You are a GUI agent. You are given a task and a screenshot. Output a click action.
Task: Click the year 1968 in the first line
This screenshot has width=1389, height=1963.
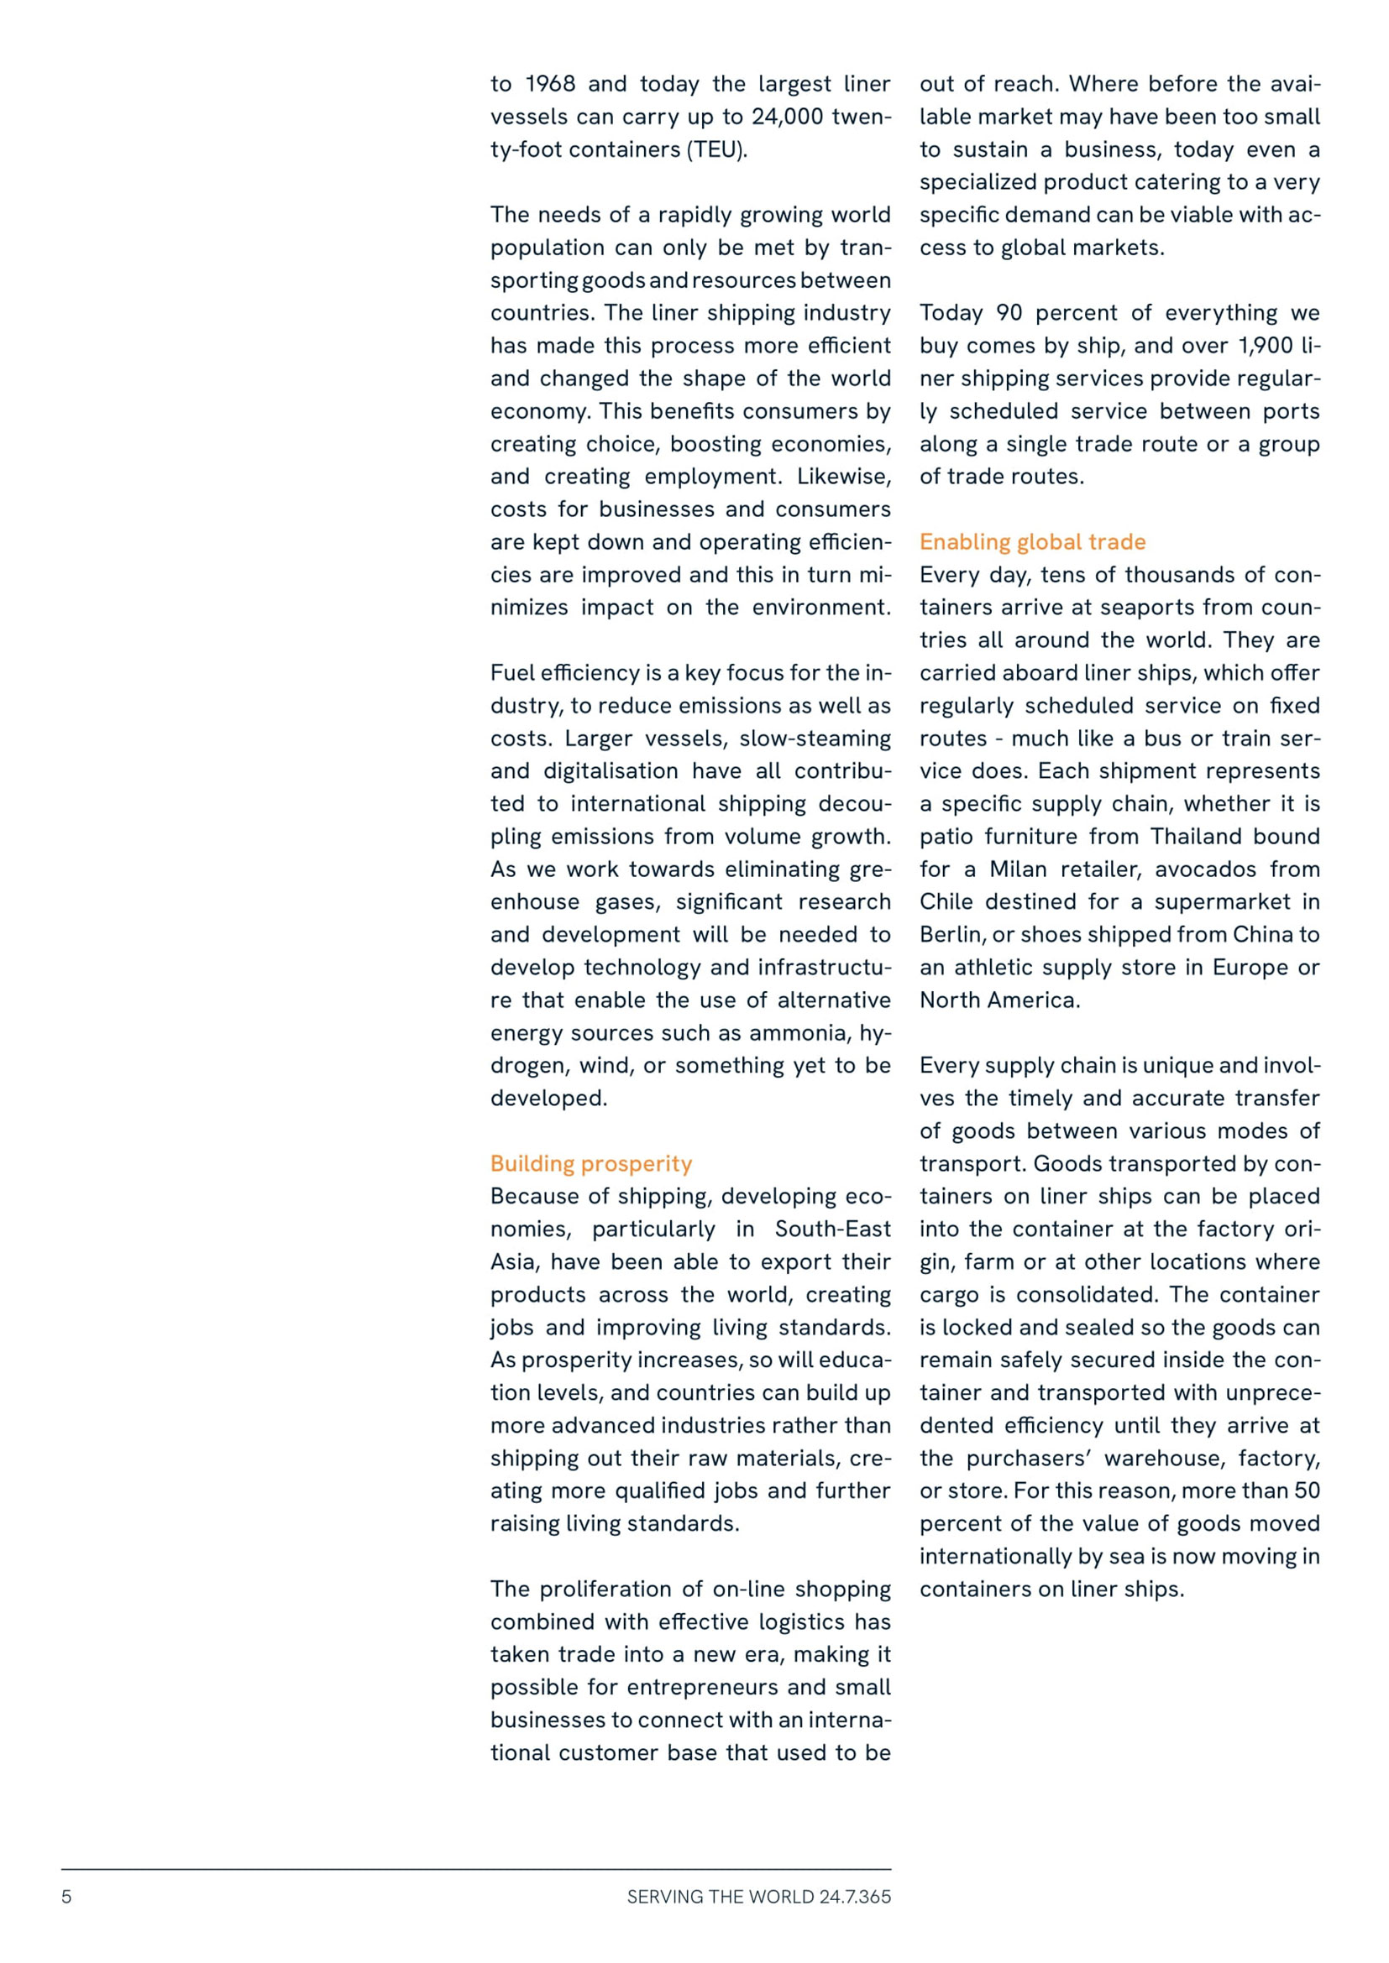point(550,84)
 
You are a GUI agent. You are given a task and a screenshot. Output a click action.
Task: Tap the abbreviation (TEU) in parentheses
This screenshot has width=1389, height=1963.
point(716,149)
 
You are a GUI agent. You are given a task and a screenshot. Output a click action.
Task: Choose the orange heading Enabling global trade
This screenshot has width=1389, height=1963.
point(1032,541)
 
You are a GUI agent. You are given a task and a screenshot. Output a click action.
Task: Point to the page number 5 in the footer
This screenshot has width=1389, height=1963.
point(66,1897)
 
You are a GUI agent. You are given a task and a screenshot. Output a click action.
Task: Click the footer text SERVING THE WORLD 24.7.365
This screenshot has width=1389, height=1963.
point(758,1897)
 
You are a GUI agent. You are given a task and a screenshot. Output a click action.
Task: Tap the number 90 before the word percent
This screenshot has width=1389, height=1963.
point(1009,313)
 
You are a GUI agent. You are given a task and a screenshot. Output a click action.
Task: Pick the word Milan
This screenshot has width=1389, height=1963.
point(1018,869)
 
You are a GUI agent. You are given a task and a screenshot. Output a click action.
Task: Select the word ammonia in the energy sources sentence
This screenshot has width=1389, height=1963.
point(798,1033)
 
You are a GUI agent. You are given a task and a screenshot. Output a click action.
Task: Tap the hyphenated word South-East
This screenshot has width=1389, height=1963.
point(832,1229)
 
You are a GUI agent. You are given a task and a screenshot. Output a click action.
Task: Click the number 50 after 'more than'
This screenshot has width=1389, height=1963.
point(1306,1491)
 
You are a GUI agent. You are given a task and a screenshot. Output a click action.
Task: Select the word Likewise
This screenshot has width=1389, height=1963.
point(843,476)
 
